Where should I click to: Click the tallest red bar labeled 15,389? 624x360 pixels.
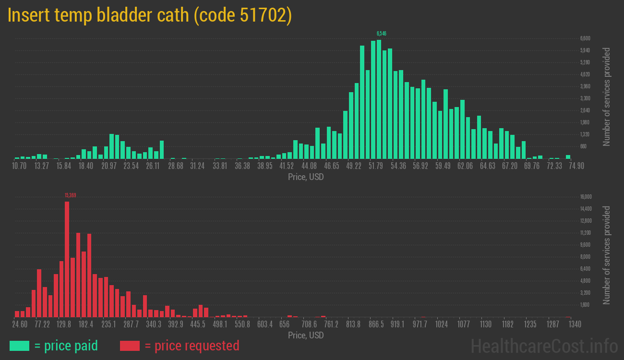[67, 259]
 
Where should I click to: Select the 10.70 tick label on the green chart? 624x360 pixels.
[19, 166]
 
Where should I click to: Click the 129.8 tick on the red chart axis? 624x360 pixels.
[64, 324]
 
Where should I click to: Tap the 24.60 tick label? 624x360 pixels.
[20, 324]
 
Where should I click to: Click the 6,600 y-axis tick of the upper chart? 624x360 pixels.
[585, 38]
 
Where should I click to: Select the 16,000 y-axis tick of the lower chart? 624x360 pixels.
[586, 197]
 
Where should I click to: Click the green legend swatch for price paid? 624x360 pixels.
[19, 346]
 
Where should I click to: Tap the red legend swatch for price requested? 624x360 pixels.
[130, 346]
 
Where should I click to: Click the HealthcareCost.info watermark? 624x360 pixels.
[544, 346]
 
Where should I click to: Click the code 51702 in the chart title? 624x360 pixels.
[242, 15]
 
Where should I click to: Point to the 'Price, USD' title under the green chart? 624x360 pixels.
[306, 177]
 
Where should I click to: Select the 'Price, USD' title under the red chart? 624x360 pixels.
[306, 335]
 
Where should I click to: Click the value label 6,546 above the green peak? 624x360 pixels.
[382, 34]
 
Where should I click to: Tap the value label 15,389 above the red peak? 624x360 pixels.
[70, 195]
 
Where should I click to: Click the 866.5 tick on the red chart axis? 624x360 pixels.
[376, 324]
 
